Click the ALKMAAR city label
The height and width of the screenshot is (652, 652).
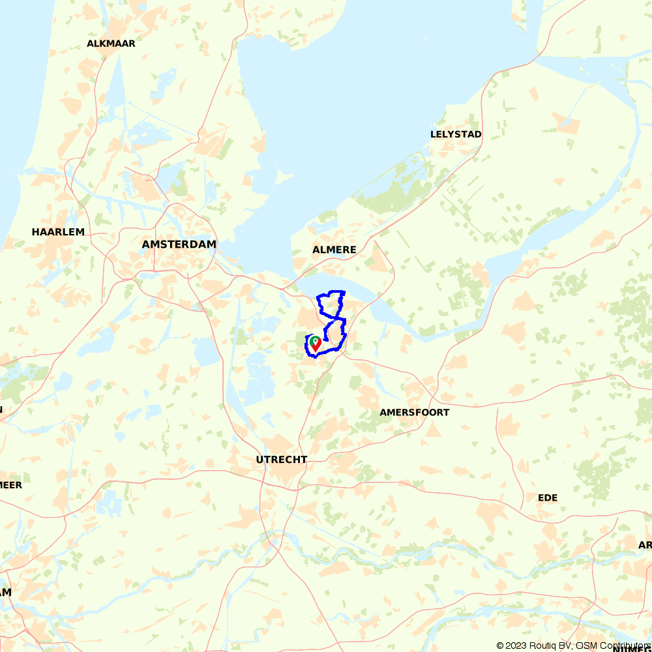tap(111, 44)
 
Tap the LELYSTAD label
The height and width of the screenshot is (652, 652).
tap(456, 134)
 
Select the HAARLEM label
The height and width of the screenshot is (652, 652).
tap(58, 232)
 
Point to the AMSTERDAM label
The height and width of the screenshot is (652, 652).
tap(179, 244)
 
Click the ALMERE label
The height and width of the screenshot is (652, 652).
tap(334, 250)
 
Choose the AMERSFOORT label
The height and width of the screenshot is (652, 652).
tap(414, 412)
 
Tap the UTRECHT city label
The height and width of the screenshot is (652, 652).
tap(281, 460)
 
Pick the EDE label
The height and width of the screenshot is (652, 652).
tap(548, 497)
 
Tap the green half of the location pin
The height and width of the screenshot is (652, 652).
tap(313, 340)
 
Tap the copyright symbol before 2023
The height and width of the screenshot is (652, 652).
tap(501, 645)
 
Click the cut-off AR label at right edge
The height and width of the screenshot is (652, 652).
tap(645, 544)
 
